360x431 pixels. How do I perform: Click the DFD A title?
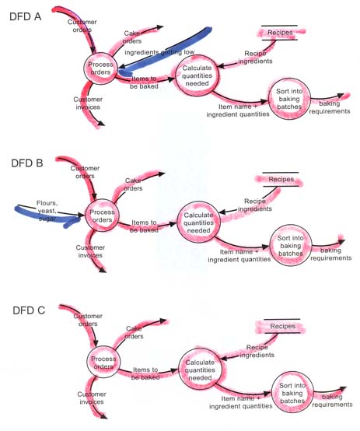pos(26,17)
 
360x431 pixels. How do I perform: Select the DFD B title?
pos(27,163)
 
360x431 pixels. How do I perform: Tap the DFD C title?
pos(29,310)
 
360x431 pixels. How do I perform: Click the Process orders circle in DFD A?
pos(100,53)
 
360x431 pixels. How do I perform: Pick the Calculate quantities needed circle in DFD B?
pos(199,202)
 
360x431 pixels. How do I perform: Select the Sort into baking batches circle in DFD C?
pos(292,372)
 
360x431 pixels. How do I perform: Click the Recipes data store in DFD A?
pos(279,33)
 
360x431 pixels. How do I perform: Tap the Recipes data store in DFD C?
pos(282,326)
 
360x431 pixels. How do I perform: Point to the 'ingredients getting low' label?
pos(159,52)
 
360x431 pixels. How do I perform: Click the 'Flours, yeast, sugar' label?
pos(47,211)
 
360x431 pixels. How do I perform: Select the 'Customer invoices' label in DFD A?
pos(88,103)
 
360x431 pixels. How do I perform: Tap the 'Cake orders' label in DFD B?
pos(133,184)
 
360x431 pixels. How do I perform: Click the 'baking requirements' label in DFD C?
pos(332,401)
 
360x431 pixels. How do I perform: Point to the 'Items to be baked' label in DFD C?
pos(145,373)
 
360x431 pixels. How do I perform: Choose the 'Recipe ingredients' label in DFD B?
pos(255,205)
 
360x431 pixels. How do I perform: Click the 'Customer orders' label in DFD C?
pos(88,320)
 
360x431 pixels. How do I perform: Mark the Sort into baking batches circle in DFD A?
pos(289,79)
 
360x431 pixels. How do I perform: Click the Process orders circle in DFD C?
pos(103,346)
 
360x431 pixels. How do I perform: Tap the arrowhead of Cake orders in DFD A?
pos(160,27)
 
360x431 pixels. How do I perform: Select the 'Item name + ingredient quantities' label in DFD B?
pos(239,256)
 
